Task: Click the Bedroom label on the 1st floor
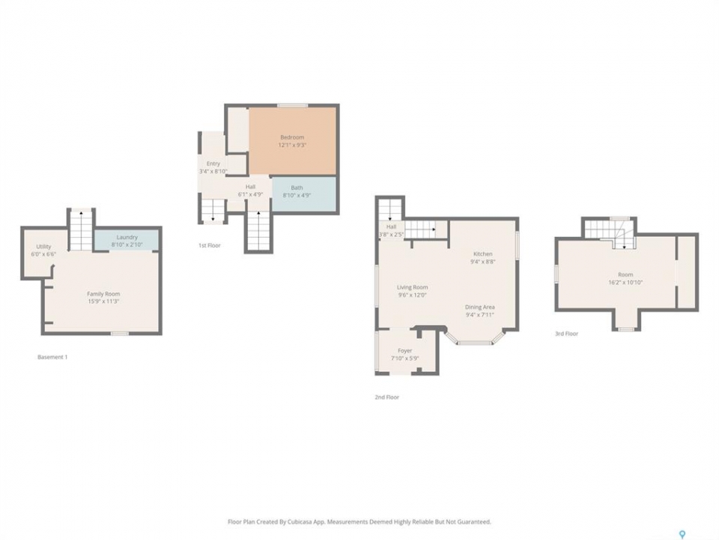292,137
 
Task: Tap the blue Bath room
304,193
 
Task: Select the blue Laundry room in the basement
127,240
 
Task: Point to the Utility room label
44,247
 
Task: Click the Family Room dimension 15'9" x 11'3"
103,301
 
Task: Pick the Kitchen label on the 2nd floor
483,254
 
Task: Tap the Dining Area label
479,307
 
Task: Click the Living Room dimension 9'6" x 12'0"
412,295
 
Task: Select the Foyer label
405,351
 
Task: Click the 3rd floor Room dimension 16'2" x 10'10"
625,283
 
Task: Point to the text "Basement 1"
52,357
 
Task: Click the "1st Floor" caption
210,246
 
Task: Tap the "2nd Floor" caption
387,397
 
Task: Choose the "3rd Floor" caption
567,334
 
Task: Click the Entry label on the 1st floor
213,164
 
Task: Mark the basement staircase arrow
81,230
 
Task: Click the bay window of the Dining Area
475,340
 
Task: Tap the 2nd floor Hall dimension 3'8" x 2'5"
391,235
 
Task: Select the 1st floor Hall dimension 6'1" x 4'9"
250,195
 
